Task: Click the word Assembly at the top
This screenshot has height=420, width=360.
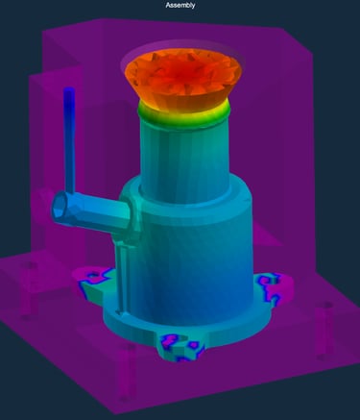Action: click(180, 5)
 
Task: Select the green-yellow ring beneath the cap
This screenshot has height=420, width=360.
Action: click(184, 113)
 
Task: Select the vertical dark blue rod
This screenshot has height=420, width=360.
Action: click(69, 141)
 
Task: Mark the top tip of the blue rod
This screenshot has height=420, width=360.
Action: click(69, 88)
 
